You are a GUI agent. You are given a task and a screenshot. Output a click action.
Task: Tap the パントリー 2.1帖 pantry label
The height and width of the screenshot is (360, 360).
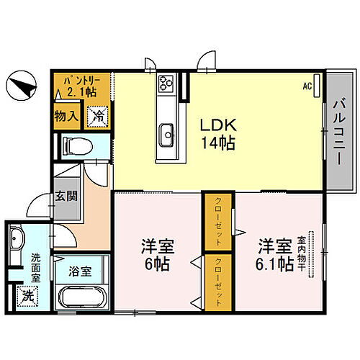click(81, 86)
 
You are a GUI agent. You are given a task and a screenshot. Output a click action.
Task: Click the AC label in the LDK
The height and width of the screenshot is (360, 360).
click(307, 86)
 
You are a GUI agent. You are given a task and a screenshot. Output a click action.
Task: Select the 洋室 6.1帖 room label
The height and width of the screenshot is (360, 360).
click(274, 254)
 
